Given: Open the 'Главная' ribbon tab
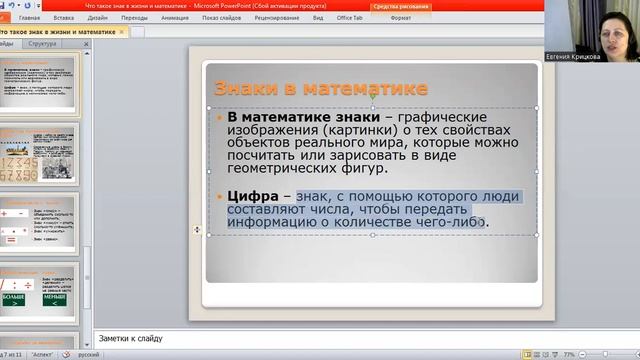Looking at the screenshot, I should (x=29, y=18).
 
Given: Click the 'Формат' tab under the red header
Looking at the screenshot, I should (x=400, y=18).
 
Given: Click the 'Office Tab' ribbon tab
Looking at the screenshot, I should (x=350, y=18).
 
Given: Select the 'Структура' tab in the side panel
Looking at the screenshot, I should (x=43, y=44).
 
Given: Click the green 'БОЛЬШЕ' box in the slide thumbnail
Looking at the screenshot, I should (x=14, y=298).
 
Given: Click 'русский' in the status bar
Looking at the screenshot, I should (x=88, y=354).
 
